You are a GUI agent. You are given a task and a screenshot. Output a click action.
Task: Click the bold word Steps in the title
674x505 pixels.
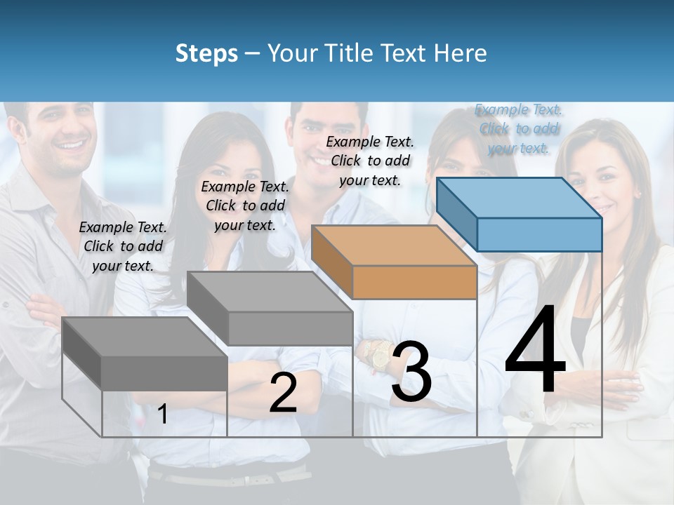pyautogui.click(x=206, y=53)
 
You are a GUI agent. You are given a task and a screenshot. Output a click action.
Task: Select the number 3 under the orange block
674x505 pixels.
pyautogui.click(x=411, y=372)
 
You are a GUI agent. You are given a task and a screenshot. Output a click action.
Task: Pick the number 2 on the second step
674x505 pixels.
pyautogui.click(x=283, y=393)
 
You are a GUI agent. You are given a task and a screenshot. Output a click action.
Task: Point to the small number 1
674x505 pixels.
pyautogui.click(x=163, y=415)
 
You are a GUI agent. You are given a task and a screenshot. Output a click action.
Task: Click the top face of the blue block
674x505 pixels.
pyautogui.click(x=518, y=198)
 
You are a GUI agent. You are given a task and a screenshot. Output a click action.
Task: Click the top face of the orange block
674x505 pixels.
pyautogui.click(x=393, y=245)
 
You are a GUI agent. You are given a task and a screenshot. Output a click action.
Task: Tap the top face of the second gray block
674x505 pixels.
pyautogui.click(x=270, y=292)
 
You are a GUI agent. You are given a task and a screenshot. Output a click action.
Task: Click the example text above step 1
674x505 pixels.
pyautogui.click(x=123, y=246)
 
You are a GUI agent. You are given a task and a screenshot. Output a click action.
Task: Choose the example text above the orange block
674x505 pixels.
pyautogui.click(x=370, y=161)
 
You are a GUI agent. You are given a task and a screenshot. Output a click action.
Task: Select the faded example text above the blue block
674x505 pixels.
pyautogui.click(x=519, y=129)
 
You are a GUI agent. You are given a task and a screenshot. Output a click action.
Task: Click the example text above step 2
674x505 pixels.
pyautogui.click(x=245, y=206)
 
